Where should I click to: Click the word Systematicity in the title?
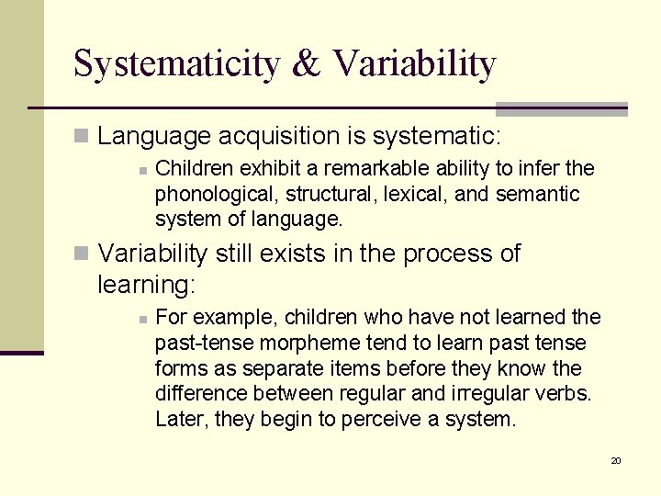tap(177, 64)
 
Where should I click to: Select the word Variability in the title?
tap(414, 64)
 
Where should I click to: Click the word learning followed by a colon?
tap(147, 286)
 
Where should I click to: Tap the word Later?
tap(180, 421)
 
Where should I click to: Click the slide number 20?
tap(616, 460)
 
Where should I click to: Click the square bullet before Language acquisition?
tap(82, 137)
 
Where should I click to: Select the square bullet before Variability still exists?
tap(82, 254)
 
